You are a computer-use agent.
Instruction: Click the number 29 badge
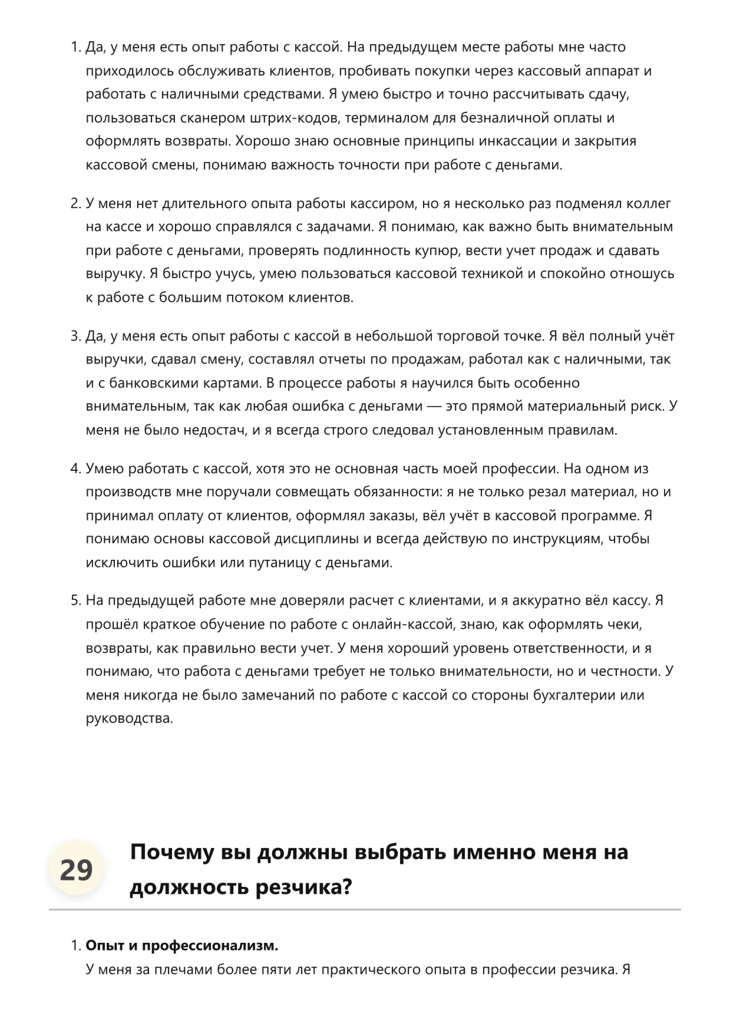point(76,870)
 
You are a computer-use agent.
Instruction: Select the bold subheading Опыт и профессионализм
point(182,946)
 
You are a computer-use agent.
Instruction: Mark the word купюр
point(442,250)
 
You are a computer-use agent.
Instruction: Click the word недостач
point(214,430)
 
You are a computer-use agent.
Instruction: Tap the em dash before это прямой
point(434,407)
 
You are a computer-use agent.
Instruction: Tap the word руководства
point(129,719)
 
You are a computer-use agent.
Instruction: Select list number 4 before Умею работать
point(75,469)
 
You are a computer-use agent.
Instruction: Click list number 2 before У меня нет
point(75,204)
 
